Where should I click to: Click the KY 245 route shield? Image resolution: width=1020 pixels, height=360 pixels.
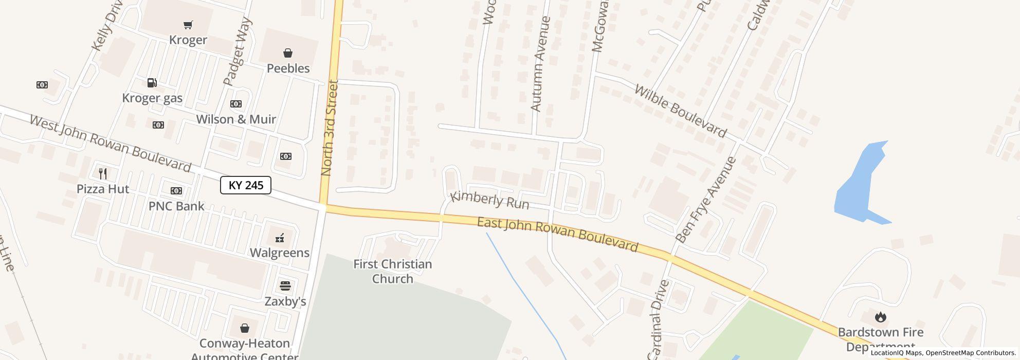[246, 185]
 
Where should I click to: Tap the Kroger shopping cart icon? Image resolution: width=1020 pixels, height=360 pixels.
[188, 25]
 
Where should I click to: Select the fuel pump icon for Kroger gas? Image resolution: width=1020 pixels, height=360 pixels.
[152, 83]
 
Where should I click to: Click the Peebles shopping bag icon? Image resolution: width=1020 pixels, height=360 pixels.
[288, 53]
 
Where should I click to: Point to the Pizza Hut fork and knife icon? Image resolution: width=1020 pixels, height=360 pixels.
[103, 173]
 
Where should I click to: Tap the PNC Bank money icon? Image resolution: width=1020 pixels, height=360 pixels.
[176, 191]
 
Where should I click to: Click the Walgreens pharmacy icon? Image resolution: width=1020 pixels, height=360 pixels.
[280, 238]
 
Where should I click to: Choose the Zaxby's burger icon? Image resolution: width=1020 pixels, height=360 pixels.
[285, 286]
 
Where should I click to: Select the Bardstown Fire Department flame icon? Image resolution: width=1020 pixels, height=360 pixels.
[881, 317]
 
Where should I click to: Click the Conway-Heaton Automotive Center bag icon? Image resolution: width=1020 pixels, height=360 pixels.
[245, 328]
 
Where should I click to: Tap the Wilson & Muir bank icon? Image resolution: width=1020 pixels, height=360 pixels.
[236, 104]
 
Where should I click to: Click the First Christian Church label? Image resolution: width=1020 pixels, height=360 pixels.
[393, 272]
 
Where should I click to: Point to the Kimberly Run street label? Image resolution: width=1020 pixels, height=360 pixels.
[489, 200]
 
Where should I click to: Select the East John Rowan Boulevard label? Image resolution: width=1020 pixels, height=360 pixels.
[557, 235]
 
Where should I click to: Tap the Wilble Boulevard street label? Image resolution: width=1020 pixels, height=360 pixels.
[680, 111]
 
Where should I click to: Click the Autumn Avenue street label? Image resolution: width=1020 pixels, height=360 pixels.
[540, 64]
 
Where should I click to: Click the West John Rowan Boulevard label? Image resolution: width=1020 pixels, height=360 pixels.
[111, 143]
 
